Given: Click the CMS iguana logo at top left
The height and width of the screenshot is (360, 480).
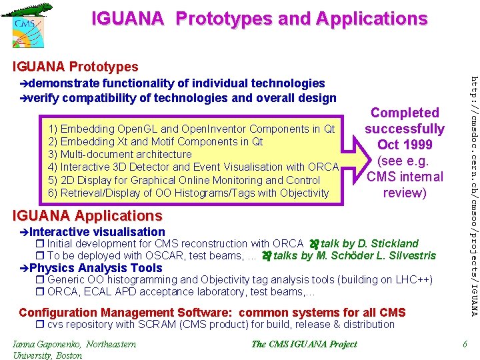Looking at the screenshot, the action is (25, 25).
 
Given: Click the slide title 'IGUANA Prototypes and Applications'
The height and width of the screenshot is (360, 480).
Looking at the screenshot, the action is (259, 19).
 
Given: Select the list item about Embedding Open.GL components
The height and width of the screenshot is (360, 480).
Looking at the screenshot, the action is (192, 129).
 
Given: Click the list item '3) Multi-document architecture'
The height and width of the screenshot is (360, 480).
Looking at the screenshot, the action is (121, 154).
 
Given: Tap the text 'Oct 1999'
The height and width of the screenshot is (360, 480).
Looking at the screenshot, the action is (405, 145).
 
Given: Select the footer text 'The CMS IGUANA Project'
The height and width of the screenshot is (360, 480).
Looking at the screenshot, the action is (304, 345).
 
